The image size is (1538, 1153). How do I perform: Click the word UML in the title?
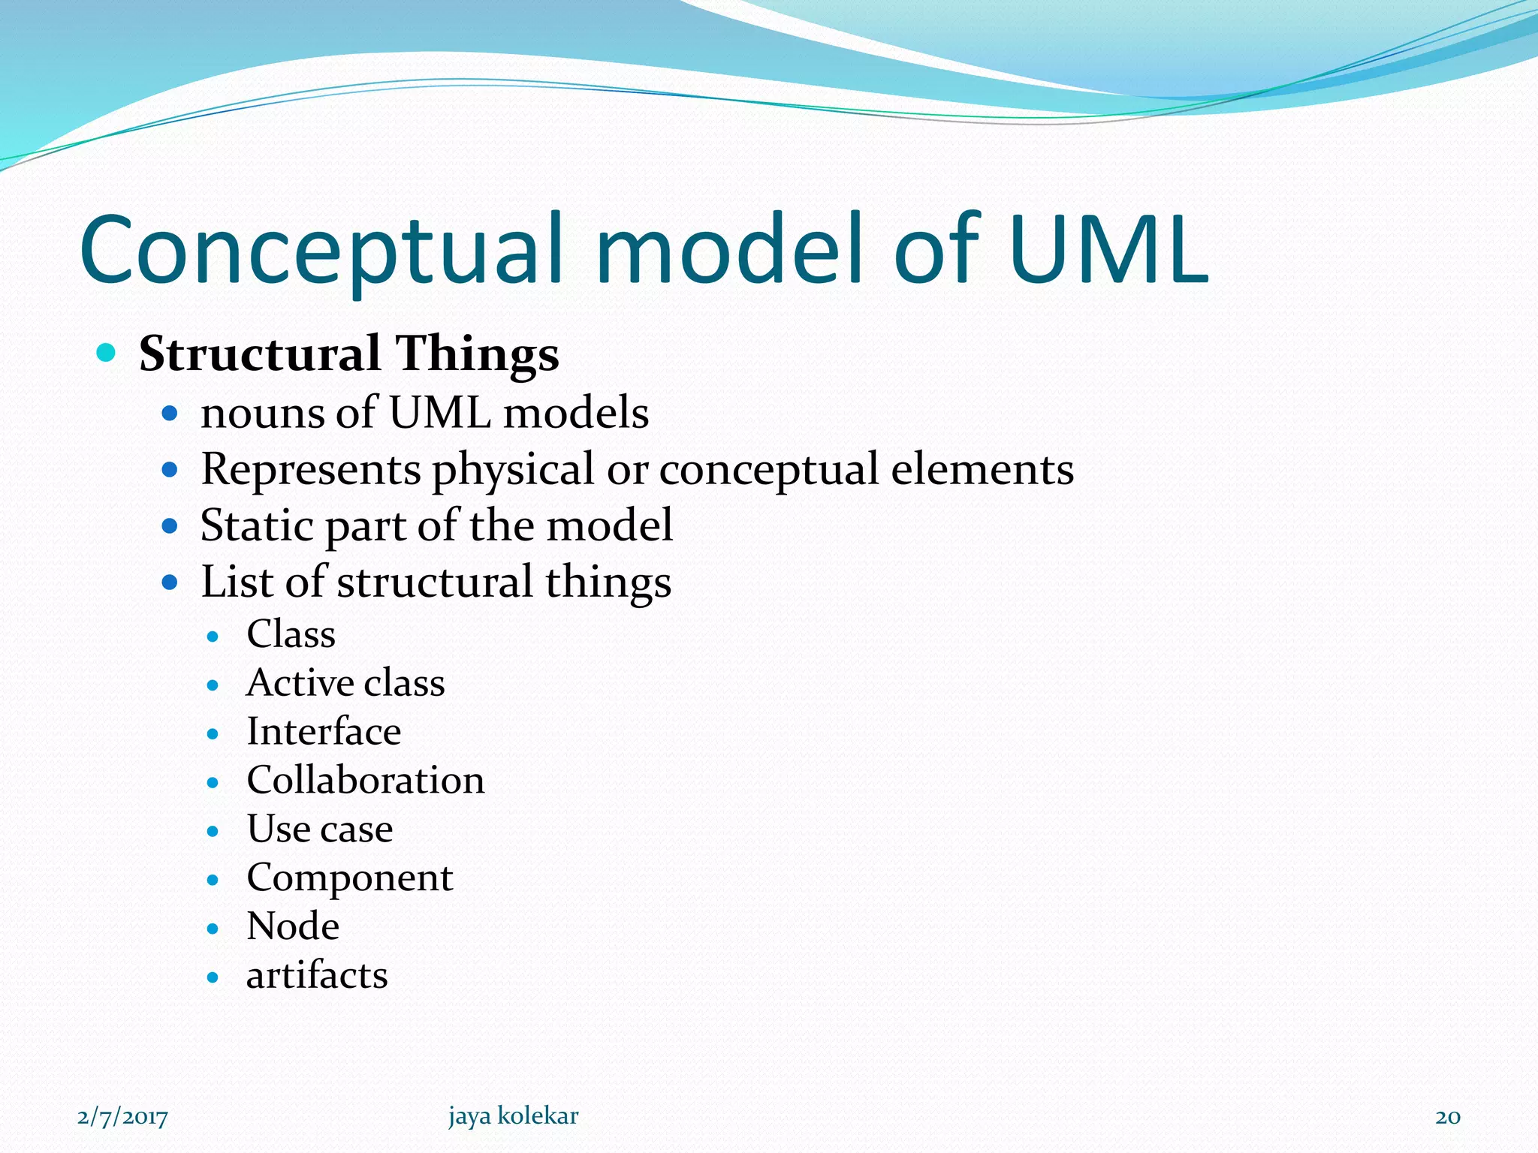click(1108, 249)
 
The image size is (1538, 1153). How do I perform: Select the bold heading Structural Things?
click(348, 354)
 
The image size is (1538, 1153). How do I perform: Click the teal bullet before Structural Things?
click(107, 352)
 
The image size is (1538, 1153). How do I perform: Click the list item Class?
click(291, 634)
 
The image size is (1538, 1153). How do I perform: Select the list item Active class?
click(345, 682)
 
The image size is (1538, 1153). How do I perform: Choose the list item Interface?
click(324, 731)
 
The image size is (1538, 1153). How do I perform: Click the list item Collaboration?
click(366, 780)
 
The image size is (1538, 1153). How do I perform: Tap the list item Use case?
click(320, 829)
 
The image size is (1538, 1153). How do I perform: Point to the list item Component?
click(350, 878)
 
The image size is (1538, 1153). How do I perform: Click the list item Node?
click(293, 926)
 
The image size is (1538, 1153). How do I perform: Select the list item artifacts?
click(317, 975)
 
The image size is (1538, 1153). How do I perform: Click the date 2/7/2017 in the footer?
click(122, 1117)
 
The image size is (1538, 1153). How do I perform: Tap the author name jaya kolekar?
click(514, 1116)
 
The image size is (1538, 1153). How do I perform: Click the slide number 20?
click(1448, 1117)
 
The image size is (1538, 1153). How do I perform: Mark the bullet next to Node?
click(213, 929)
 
